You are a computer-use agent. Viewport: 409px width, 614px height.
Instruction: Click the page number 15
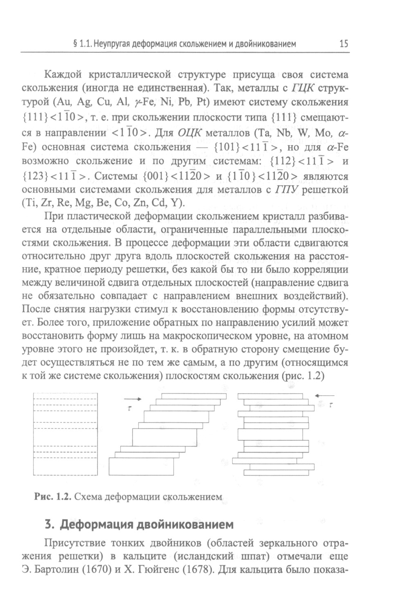click(344, 44)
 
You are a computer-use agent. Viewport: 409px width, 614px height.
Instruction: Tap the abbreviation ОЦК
click(189, 133)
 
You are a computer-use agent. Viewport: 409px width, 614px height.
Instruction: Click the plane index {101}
click(225, 147)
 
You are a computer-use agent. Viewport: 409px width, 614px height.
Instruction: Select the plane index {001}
click(156, 177)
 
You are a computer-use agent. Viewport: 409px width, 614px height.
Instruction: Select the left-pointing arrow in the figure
click(325, 395)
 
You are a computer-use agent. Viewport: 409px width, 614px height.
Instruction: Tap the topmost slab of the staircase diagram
click(194, 396)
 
